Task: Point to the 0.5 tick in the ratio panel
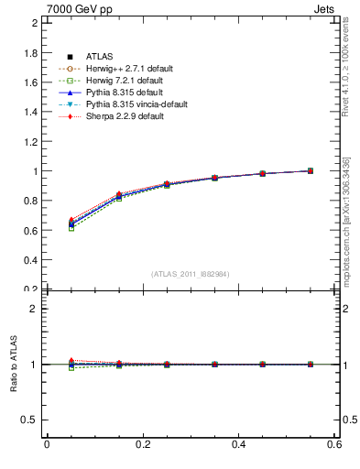tap(31, 420)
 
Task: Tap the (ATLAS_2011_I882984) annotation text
tap(191, 274)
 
